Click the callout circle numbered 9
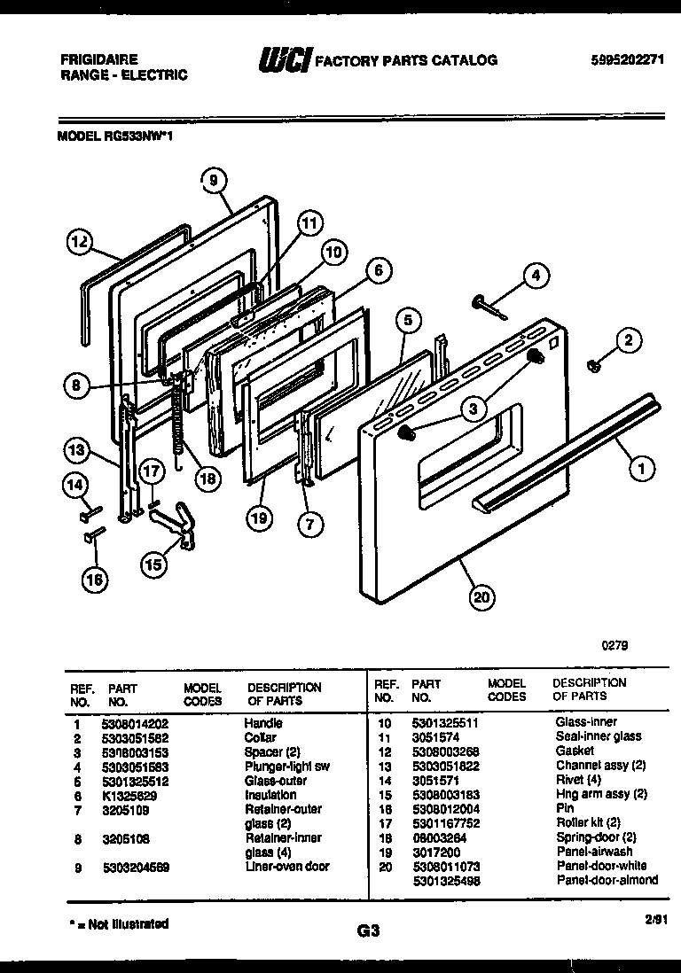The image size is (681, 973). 213,180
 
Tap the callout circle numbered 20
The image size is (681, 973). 481,597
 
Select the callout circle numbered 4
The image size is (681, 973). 535,276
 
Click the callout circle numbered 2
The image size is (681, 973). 629,339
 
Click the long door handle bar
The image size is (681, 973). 567,452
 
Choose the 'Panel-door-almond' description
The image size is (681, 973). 607,880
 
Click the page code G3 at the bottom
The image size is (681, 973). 368,930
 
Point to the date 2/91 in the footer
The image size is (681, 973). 655,922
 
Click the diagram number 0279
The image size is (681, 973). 614,646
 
